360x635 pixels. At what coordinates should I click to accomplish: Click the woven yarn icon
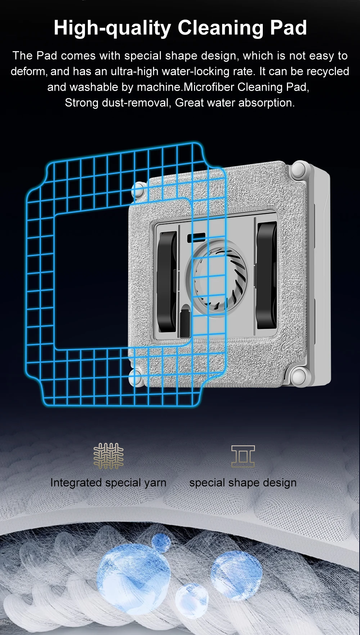point(108,455)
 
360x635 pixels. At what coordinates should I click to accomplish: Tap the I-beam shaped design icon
point(243,456)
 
